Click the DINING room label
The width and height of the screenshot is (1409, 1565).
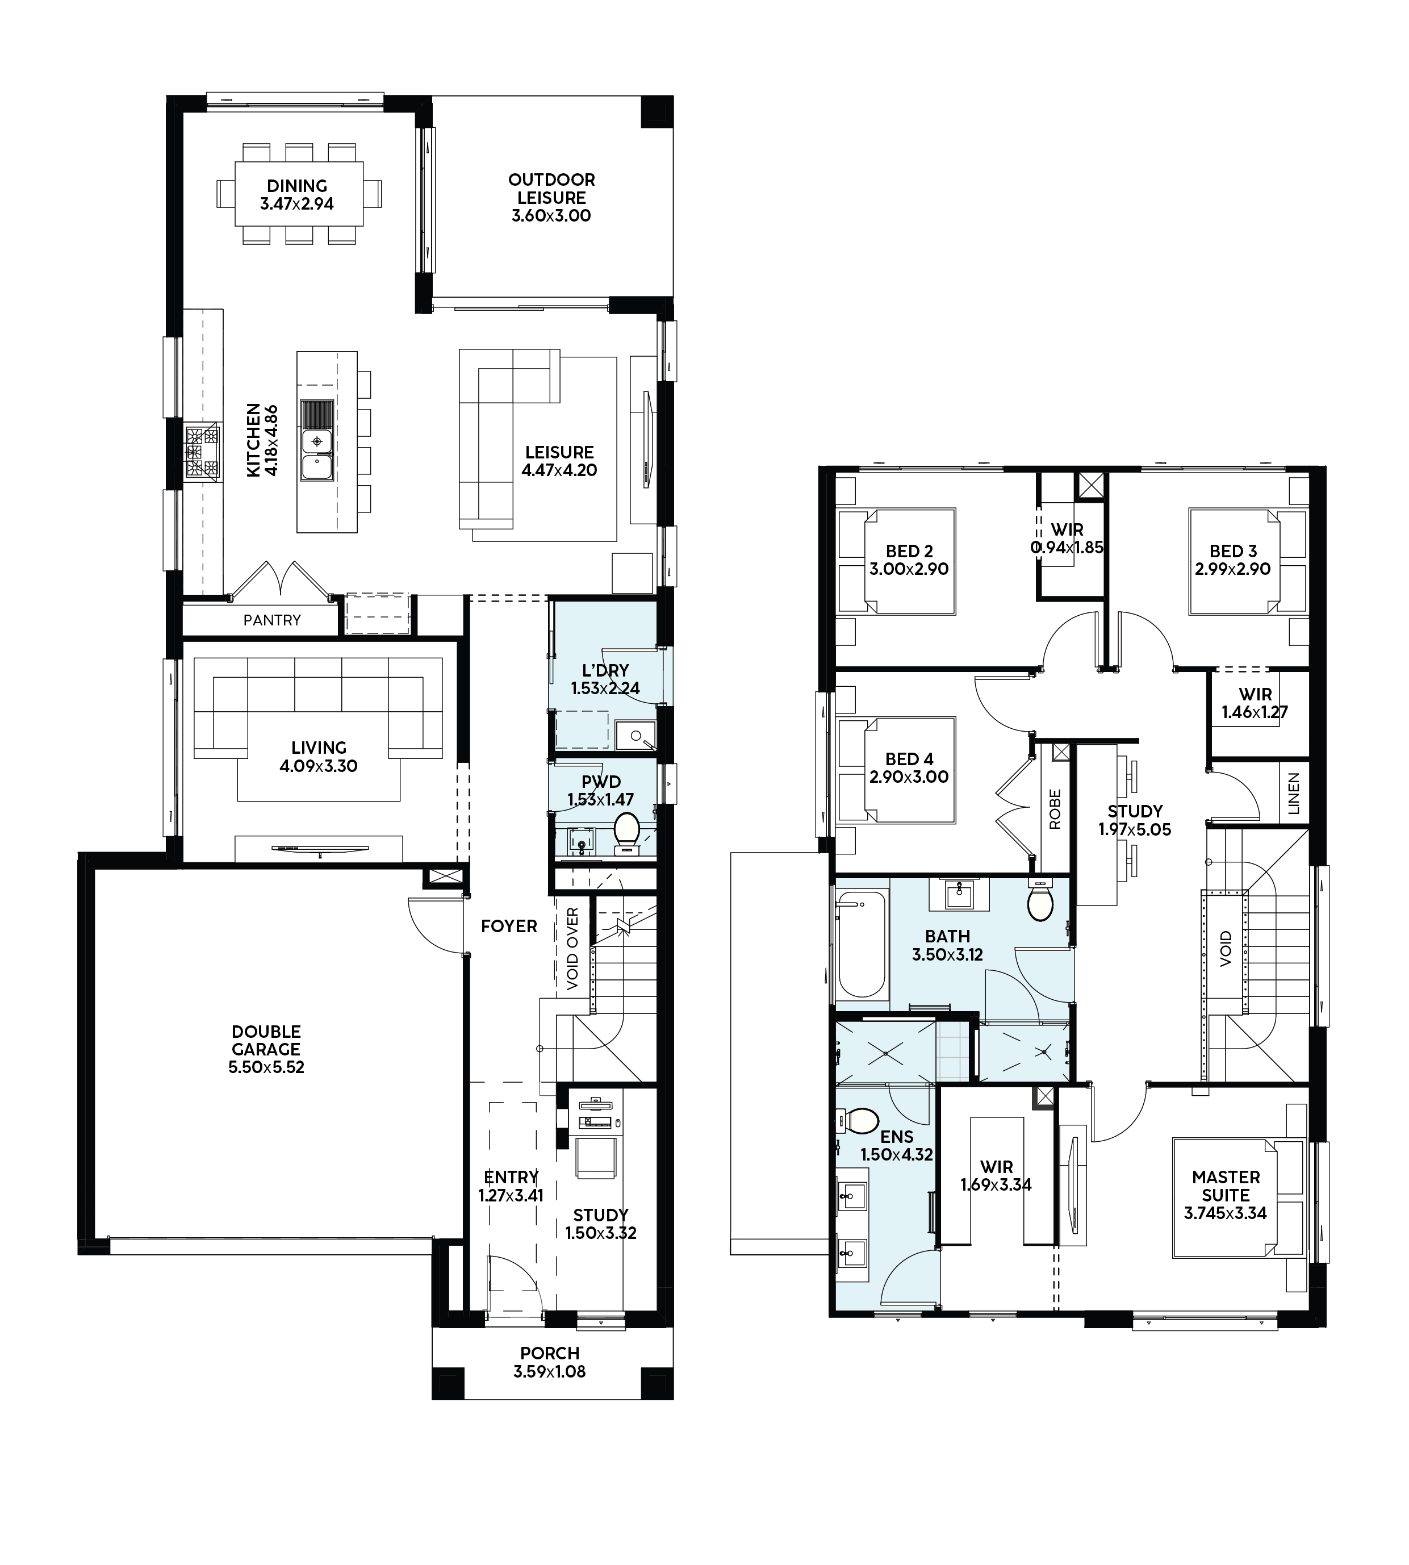297,186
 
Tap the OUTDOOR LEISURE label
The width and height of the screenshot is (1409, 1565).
551,189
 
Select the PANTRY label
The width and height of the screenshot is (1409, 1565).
271,620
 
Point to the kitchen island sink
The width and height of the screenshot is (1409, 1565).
317,453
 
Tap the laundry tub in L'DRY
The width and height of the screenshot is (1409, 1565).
635,736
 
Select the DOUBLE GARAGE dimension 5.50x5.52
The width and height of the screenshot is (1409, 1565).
266,1067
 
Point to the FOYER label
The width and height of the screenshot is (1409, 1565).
509,926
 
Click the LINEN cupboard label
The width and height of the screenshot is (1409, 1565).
1293,793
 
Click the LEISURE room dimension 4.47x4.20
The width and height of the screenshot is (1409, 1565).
559,470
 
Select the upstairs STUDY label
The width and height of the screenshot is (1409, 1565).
1135,812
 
